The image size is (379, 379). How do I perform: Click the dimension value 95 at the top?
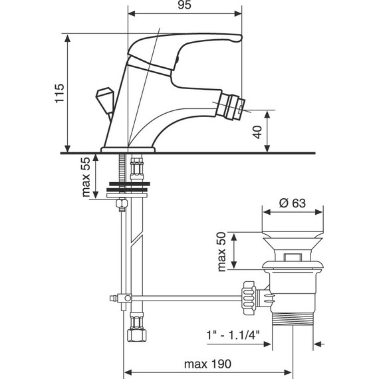coord(185,7)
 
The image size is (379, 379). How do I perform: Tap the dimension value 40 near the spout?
coord(257,131)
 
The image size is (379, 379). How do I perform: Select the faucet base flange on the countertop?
coord(128,149)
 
